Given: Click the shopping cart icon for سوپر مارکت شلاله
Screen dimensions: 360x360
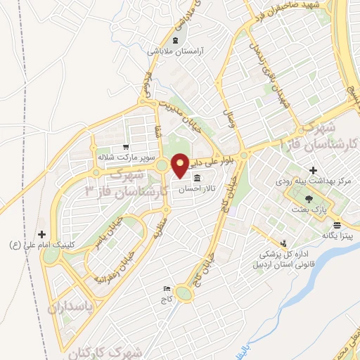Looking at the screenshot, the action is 125,147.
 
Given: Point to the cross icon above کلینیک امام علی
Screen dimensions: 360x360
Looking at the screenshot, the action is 41,234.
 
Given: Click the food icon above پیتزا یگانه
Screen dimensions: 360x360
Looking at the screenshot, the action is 337,226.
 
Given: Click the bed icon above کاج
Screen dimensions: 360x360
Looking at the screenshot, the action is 167,288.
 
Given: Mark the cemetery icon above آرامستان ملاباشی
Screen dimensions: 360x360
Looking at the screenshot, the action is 174,40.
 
